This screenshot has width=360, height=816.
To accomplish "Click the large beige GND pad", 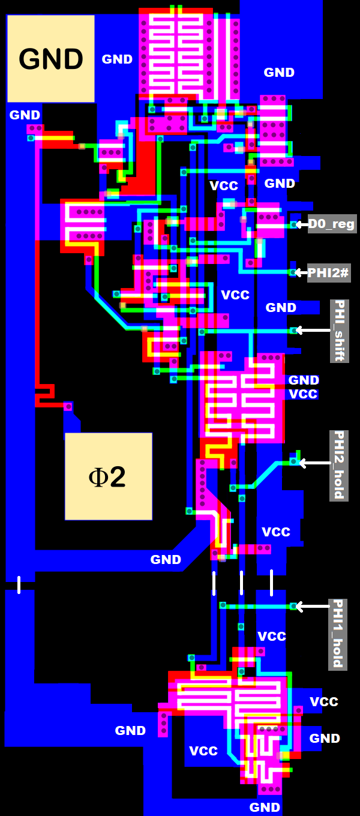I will point(51,59).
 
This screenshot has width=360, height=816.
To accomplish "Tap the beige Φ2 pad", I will point(108,476).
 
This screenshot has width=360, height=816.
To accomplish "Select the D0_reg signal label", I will point(332,224).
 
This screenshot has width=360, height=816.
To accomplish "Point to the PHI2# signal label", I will point(329,272).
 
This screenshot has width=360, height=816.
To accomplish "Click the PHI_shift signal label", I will point(339,331).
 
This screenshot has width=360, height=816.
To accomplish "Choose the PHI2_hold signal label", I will point(339,465).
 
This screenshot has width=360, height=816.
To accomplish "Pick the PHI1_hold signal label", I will point(338,634).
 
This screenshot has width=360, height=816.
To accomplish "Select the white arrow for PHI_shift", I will point(313,331).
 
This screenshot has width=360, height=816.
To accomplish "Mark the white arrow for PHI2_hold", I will point(314,463).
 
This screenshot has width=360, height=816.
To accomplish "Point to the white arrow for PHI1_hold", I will point(312,607).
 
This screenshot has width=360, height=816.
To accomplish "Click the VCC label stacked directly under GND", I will point(303,394).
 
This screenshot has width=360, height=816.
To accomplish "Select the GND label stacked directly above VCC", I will point(304,380).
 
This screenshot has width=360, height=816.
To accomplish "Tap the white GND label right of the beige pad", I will point(117,59).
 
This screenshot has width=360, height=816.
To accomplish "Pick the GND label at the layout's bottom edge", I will point(265,808).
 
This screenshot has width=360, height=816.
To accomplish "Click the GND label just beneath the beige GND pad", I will point(25,115).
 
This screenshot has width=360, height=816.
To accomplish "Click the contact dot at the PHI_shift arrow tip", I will point(293,331).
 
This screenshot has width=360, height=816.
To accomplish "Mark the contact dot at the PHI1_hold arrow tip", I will point(293,607).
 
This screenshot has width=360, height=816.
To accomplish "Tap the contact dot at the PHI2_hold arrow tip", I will point(293,461).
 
